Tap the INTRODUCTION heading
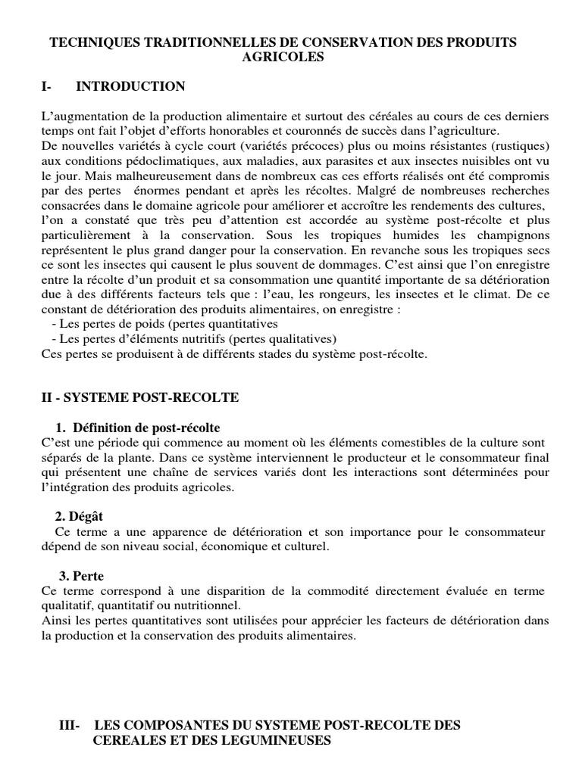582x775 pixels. pos(130,86)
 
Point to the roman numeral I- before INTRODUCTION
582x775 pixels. pos(47,86)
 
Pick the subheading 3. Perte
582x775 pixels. pos(82,576)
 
